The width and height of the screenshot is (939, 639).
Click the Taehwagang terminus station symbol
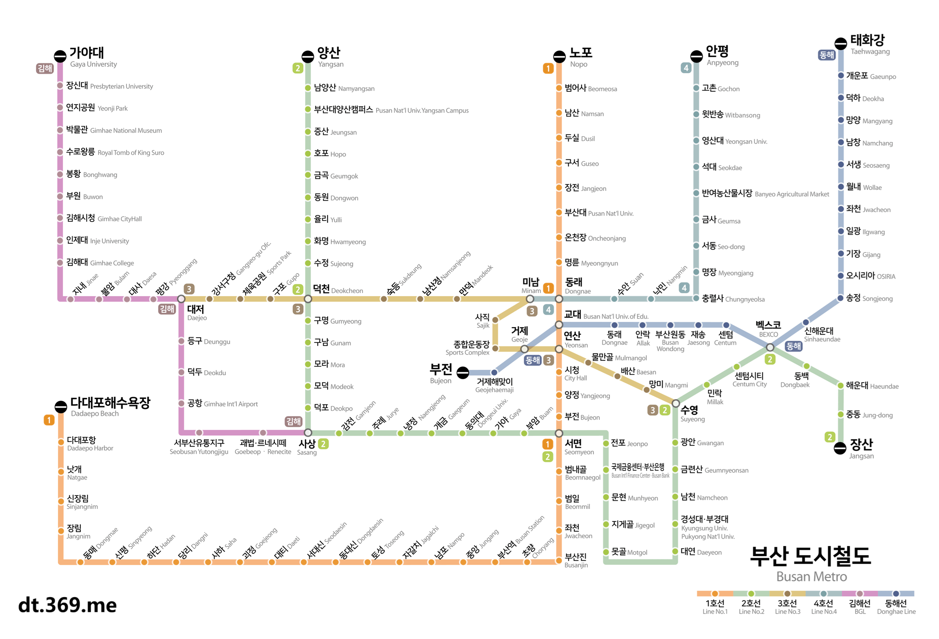click(x=840, y=43)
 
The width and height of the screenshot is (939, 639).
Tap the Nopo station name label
click(x=580, y=57)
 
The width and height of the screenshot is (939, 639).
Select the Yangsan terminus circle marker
click(x=308, y=56)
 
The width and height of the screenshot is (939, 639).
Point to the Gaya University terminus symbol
click(x=60, y=56)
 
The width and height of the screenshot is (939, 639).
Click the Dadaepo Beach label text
click(x=110, y=407)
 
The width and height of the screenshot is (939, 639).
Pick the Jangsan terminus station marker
click(x=840, y=448)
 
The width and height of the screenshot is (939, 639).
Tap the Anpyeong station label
click(x=722, y=56)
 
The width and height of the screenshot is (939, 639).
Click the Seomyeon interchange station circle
click(x=559, y=433)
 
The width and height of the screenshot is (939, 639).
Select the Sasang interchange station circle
click(x=308, y=433)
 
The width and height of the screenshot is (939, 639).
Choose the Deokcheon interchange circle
click(x=308, y=299)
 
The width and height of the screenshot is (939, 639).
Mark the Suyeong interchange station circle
click(x=675, y=403)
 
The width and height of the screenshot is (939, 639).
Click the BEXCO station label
click(x=768, y=329)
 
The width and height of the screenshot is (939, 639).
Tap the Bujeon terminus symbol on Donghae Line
click(x=463, y=372)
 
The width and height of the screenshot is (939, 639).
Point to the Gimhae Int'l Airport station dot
click(x=181, y=403)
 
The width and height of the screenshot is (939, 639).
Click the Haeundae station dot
click(x=840, y=385)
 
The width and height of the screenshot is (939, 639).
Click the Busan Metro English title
click(x=811, y=576)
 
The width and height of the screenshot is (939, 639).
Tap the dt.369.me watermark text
click(x=68, y=605)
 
